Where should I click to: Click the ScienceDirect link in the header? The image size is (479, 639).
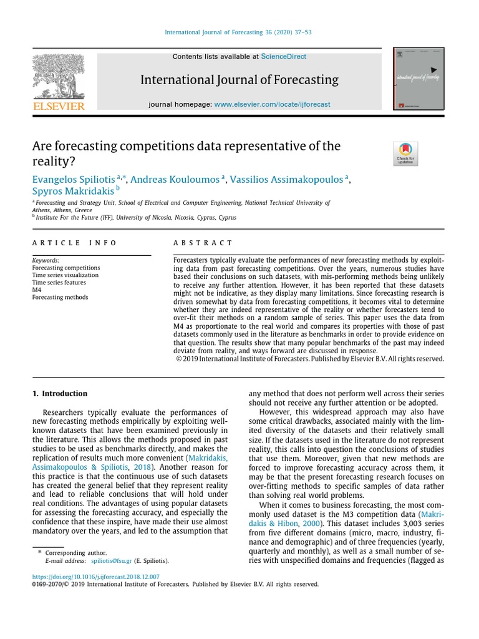point(284,56)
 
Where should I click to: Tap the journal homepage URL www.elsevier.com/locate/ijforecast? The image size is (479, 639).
point(272,104)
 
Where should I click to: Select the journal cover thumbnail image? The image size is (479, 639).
point(419,79)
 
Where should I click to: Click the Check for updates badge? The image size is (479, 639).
point(405,154)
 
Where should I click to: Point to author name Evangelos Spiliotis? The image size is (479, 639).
point(73,180)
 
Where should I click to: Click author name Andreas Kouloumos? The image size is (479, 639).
point(174,180)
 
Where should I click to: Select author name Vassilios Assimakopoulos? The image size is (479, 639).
point(286,180)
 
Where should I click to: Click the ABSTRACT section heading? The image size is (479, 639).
point(203,243)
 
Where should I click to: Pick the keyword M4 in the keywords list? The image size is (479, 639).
point(37,290)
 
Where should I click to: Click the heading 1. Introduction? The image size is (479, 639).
point(60,394)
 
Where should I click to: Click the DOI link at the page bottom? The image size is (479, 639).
point(96,577)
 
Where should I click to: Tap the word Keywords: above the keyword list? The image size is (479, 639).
point(46,260)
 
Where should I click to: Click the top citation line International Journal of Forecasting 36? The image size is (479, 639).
point(239,32)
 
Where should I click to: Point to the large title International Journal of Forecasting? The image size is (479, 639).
point(239,80)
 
